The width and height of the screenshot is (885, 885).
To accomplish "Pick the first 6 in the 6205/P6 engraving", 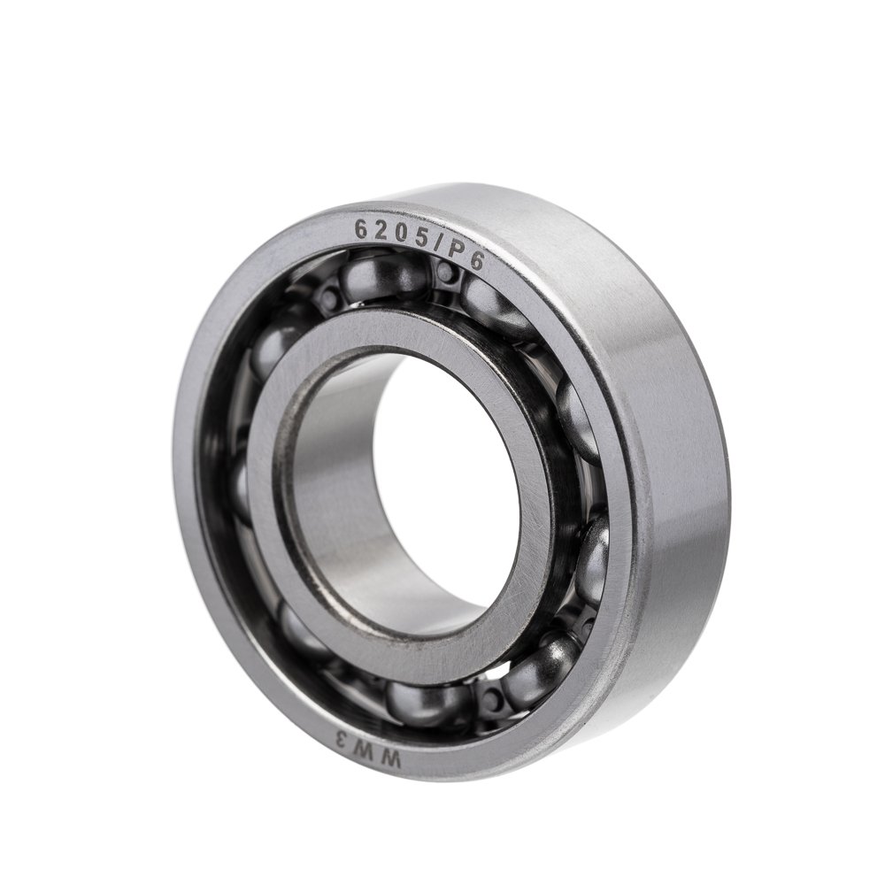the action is pyautogui.click(x=359, y=229).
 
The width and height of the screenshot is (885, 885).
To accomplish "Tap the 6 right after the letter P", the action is pyautogui.click(x=476, y=262).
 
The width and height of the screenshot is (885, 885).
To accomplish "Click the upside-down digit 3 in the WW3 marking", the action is pyautogui.click(x=343, y=737).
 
